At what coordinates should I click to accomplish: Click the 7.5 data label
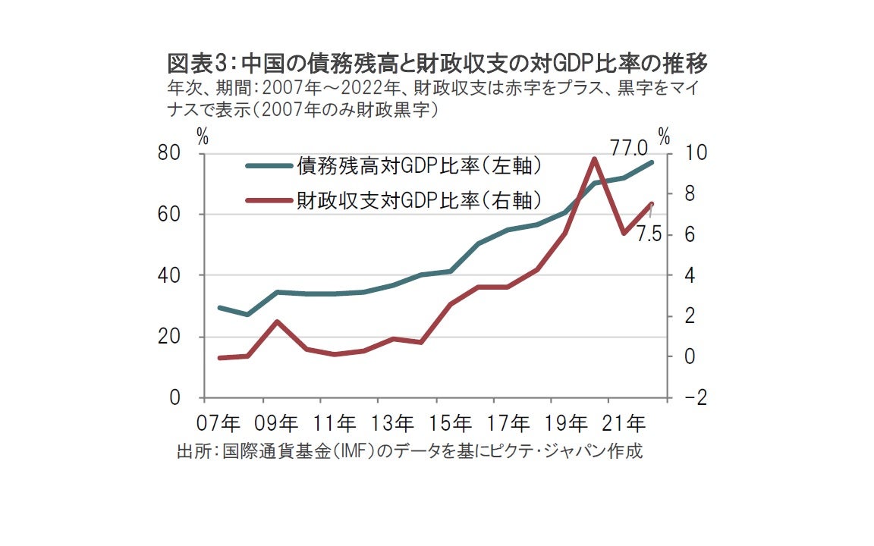[649, 234]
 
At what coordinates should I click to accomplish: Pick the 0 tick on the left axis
[175, 398]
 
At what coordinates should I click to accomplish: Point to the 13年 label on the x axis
[393, 422]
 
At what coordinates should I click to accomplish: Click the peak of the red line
[594, 159]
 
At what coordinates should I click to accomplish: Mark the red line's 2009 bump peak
[278, 322]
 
